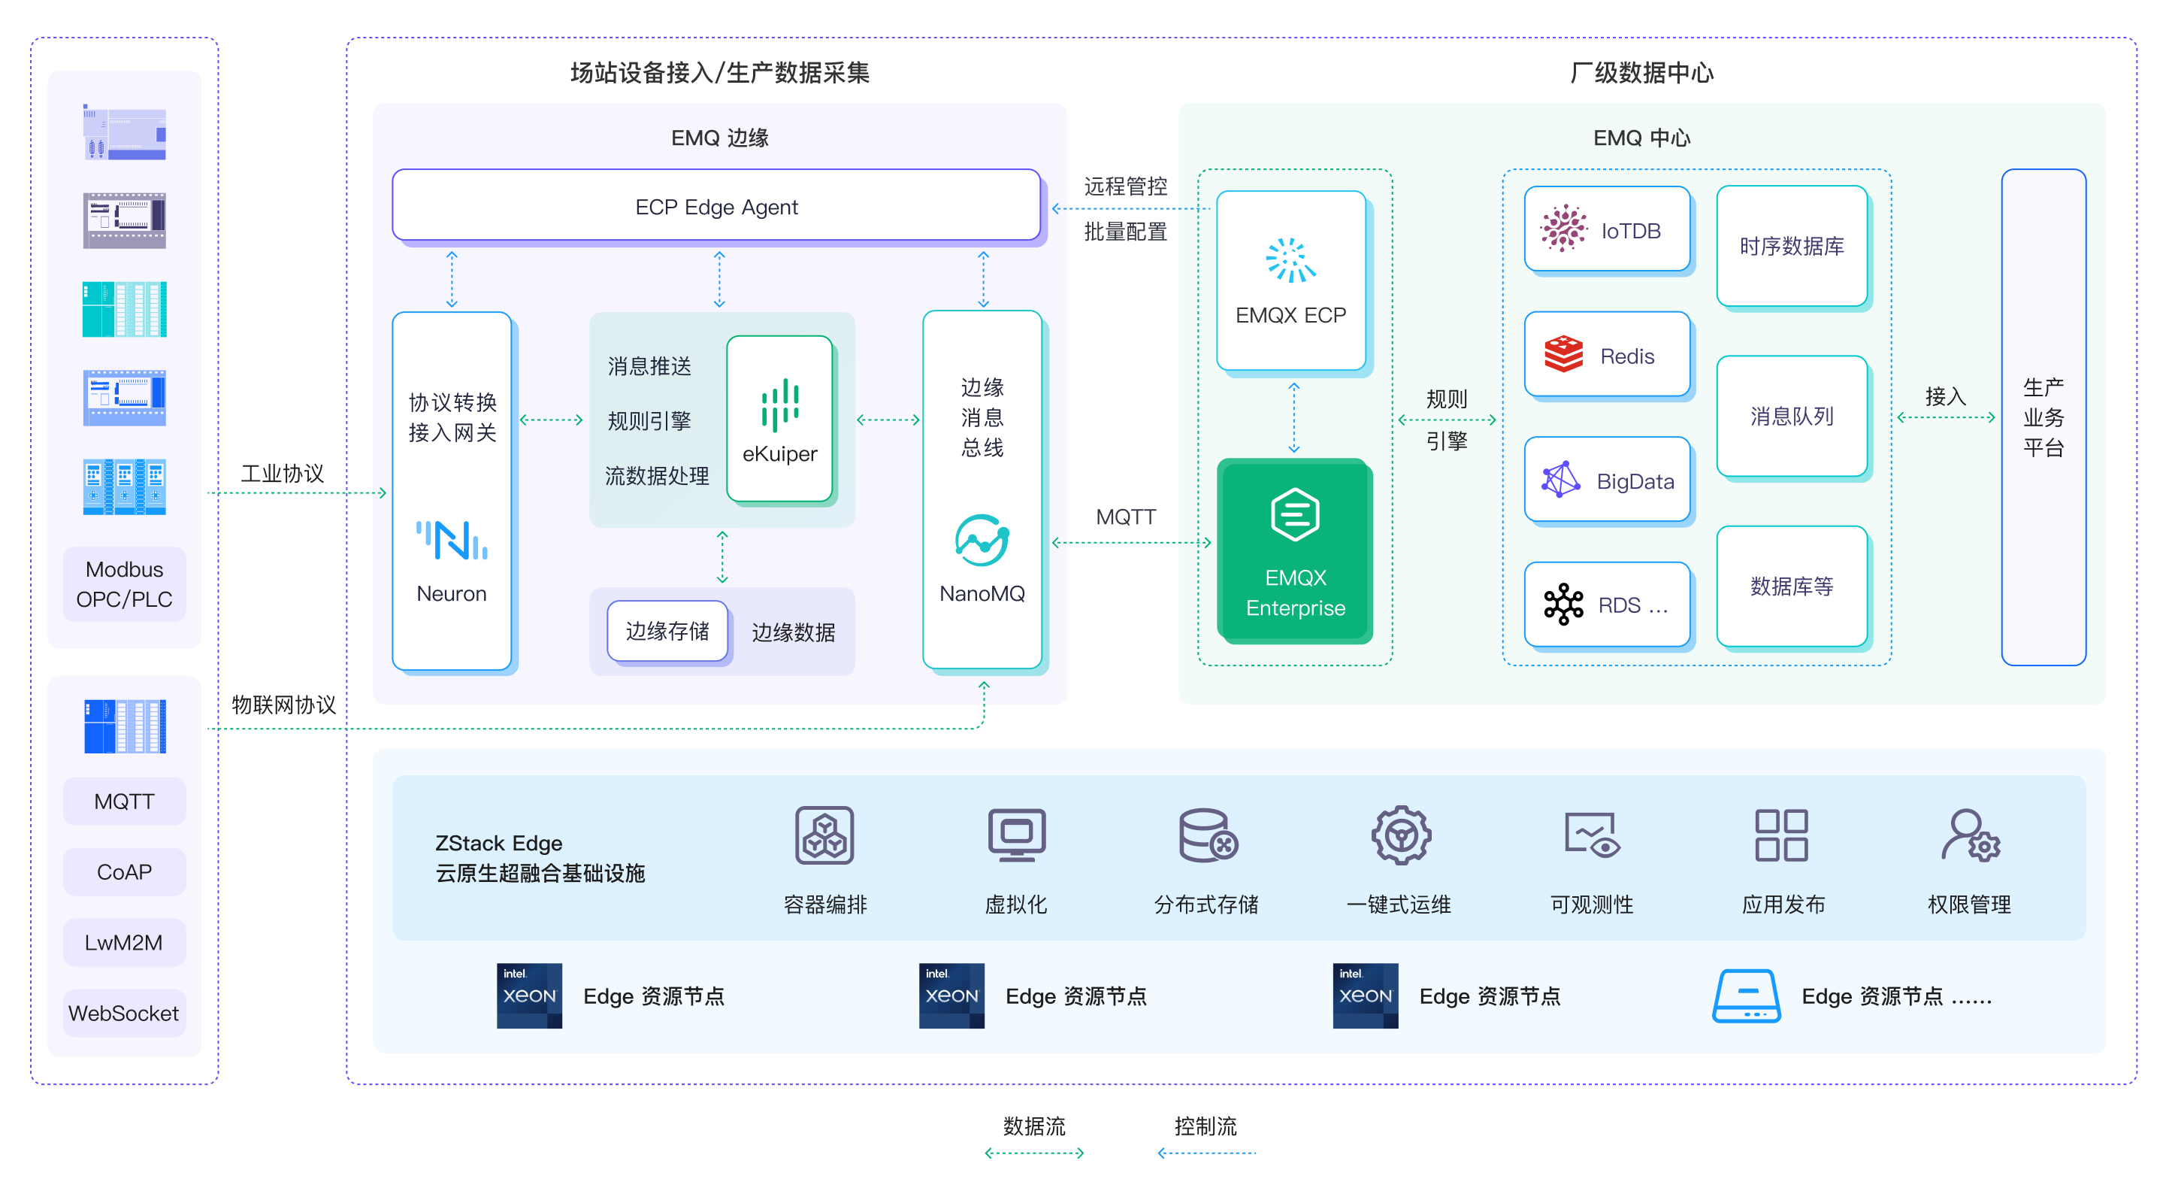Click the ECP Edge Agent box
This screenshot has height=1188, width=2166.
pyautogui.click(x=716, y=206)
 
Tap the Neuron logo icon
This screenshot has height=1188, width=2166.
pyautogui.click(x=452, y=540)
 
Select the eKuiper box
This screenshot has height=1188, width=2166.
pyautogui.click(x=779, y=418)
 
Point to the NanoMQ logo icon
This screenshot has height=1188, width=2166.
pyautogui.click(x=982, y=540)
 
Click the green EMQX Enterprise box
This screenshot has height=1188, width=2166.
pyautogui.click(x=1295, y=551)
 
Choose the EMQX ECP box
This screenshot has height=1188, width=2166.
pyautogui.click(x=1290, y=280)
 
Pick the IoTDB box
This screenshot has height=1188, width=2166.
pyautogui.click(x=1607, y=229)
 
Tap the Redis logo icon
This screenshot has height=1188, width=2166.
pyautogui.click(x=1563, y=354)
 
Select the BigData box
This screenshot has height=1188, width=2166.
pyautogui.click(x=1607, y=480)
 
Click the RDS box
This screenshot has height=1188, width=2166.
pyautogui.click(x=1607, y=604)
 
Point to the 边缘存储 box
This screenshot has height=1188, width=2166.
pyautogui.click(x=667, y=631)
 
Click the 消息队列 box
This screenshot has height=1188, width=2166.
pyautogui.click(x=1792, y=416)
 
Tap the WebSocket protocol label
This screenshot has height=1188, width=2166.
pyautogui.click(x=123, y=1013)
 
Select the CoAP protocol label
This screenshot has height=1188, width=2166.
pyautogui.click(x=123, y=871)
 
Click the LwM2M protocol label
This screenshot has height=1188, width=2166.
pyautogui.click(x=123, y=942)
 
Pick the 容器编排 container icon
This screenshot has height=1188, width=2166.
pyautogui.click(x=824, y=835)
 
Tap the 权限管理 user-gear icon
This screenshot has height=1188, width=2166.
pyautogui.click(x=1969, y=835)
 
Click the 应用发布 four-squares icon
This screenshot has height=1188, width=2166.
pyautogui.click(x=1782, y=835)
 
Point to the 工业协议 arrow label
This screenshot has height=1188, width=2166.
pyautogui.click(x=283, y=473)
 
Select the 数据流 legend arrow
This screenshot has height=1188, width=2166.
pyautogui.click(x=1034, y=1153)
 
